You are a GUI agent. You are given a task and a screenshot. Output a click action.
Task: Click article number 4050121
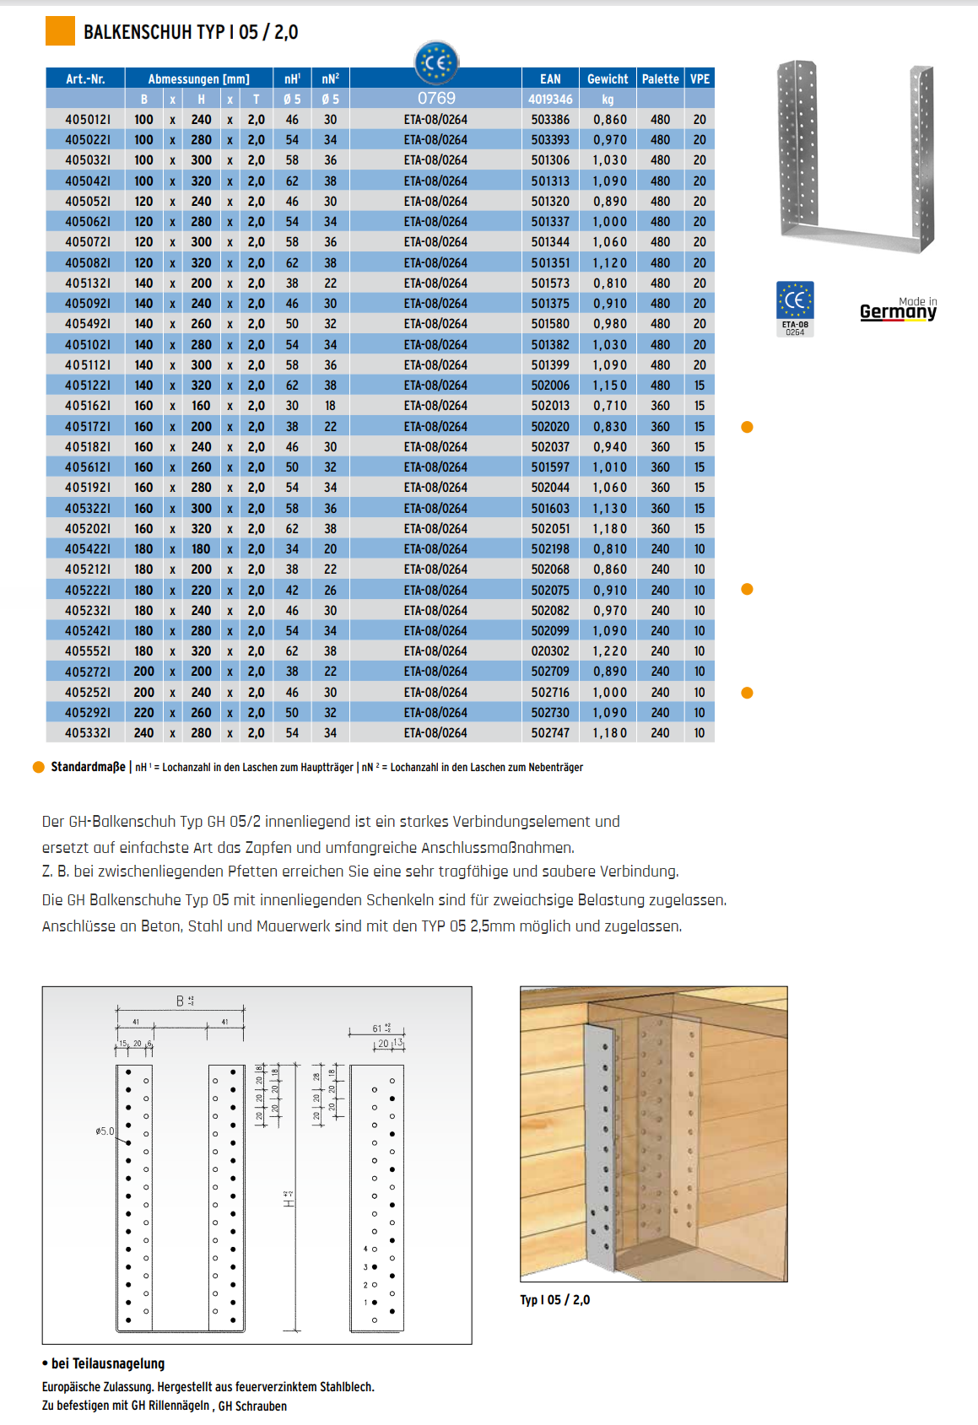point(87,120)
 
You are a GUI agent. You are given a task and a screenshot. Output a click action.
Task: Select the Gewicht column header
point(608,78)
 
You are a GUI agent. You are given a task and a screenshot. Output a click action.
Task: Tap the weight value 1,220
point(609,651)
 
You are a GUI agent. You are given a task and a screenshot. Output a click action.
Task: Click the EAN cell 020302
point(550,651)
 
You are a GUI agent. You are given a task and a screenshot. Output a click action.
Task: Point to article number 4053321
point(87,733)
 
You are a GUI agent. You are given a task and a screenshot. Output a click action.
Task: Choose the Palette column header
point(660,78)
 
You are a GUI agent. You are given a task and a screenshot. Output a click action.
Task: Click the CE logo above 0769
point(436,62)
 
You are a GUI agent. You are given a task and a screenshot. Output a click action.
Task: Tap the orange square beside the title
point(60,31)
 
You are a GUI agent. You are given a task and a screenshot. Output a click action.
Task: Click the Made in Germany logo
point(898,310)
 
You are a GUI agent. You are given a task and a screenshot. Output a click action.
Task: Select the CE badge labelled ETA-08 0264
point(795,309)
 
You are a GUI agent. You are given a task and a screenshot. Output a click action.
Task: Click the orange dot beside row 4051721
point(747,427)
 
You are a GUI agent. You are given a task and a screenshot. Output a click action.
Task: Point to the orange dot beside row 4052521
point(747,693)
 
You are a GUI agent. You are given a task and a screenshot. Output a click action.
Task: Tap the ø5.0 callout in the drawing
point(105,1131)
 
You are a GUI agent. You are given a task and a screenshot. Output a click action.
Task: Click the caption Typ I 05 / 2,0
point(554,1300)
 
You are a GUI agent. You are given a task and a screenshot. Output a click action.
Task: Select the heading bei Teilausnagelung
point(107,1363)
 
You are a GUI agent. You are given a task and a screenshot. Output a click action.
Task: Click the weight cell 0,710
point(609,406)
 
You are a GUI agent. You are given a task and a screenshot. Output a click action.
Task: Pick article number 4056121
point(87,467)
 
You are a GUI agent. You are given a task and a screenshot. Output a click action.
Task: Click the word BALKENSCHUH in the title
point(138,32)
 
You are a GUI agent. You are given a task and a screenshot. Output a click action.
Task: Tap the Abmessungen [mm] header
point(199,78)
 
